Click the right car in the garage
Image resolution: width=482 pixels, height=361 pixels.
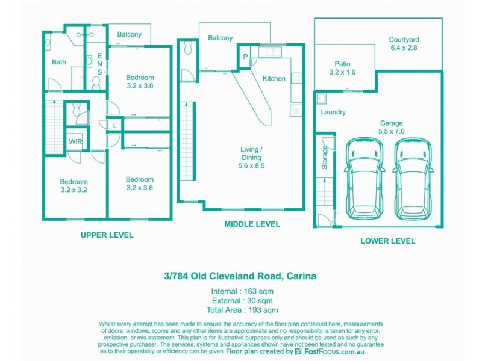414,179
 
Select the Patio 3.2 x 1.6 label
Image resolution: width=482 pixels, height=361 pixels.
342,68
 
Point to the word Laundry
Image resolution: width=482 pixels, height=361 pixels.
333,112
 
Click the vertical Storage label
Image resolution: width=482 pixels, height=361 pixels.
324,158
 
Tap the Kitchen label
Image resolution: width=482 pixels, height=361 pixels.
274,79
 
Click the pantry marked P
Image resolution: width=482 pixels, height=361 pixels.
245,57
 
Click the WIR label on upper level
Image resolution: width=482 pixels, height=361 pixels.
75,141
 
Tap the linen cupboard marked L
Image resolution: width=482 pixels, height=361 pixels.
115,125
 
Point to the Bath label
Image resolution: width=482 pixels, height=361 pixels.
59,62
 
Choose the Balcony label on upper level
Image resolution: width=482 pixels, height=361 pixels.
129,34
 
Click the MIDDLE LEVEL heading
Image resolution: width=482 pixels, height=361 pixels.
252,224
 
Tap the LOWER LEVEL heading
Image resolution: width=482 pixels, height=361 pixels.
387,241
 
